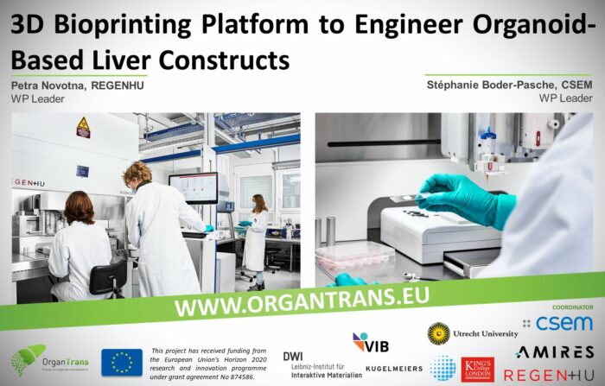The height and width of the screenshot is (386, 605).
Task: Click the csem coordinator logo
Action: point(557,323)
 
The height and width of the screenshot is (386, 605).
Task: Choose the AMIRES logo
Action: point(553,351)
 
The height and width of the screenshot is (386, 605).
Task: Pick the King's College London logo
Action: point(477,369)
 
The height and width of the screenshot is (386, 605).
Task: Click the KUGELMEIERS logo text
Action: point(394,369)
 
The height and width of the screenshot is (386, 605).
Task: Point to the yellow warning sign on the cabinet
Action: point(83,127)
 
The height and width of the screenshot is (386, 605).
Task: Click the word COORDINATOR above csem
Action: point(572,307)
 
